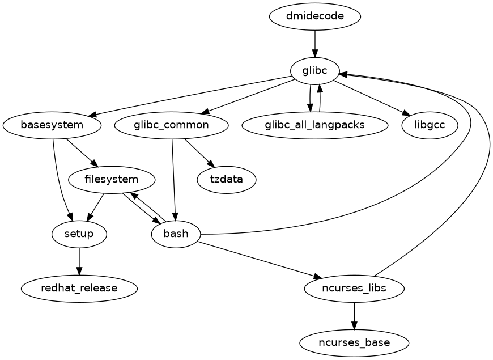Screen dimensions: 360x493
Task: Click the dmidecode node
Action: (314, 16)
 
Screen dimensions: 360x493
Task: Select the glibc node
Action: (314, 70)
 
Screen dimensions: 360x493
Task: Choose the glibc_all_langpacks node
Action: (314, 125)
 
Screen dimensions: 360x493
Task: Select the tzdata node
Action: (226, 179)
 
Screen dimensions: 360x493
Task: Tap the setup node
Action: (79, 234)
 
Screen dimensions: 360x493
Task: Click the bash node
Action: (176, 234)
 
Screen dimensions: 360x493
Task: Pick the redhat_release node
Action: (79, 288)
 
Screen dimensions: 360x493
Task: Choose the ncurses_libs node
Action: (354, 288)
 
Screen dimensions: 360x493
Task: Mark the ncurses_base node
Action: (354, 342)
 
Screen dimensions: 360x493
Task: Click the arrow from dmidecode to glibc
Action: (314, 43)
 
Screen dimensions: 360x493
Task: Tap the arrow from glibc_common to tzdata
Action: (198, 151)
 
